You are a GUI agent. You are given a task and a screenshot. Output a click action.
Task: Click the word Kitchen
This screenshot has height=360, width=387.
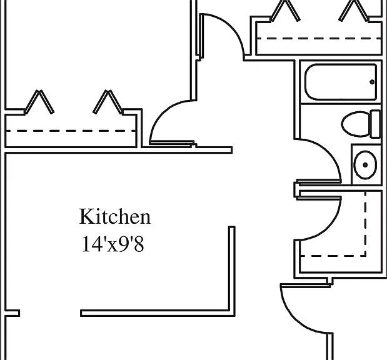coord(115,216)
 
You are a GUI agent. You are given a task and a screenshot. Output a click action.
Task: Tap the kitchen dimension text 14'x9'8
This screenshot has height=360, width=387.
coord(113,244)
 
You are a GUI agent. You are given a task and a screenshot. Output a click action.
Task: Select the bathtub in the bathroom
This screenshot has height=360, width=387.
coord(341,82)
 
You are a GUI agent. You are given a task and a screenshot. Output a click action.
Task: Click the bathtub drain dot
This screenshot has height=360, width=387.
coord(372,82)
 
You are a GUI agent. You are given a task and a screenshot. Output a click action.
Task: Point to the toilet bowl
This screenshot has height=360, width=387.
coord(355,124)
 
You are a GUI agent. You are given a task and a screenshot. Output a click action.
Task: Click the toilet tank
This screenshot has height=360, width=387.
coord(375,124)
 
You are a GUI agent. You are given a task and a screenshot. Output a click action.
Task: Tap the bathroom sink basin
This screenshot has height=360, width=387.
coord(365,164)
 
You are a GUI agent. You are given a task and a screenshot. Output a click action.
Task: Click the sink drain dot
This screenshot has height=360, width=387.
coord(365,164)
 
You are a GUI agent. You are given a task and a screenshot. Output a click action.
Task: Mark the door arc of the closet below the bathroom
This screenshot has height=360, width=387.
coord(329,228)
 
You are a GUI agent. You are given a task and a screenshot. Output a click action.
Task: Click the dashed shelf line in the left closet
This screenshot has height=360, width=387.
coord(71,131)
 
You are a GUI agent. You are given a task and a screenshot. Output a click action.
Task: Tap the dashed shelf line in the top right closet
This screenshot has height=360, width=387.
coord(319,39)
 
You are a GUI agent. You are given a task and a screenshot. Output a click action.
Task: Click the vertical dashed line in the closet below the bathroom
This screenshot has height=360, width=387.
coord(365,223)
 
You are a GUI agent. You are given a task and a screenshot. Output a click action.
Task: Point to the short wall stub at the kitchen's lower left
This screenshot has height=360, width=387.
coord(12,313)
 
